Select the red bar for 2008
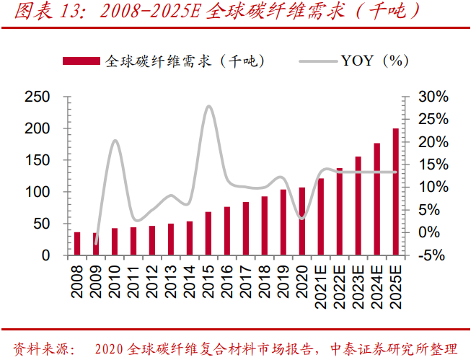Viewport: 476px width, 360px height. tap(77, 244)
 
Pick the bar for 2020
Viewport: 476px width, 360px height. tap(302, 221)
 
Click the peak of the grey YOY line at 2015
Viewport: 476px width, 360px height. tap(208, 107)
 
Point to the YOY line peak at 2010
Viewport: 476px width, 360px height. tap(115, 141)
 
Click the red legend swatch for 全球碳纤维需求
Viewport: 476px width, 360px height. tap(82, 61)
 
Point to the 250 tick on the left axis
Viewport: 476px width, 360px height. tap(37, 97)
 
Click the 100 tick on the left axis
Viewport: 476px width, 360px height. tap(37, 192)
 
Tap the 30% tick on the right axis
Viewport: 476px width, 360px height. tap(434, 97)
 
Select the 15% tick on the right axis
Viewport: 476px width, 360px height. tap(434, 164)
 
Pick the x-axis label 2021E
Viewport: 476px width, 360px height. tap(321, 284)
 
